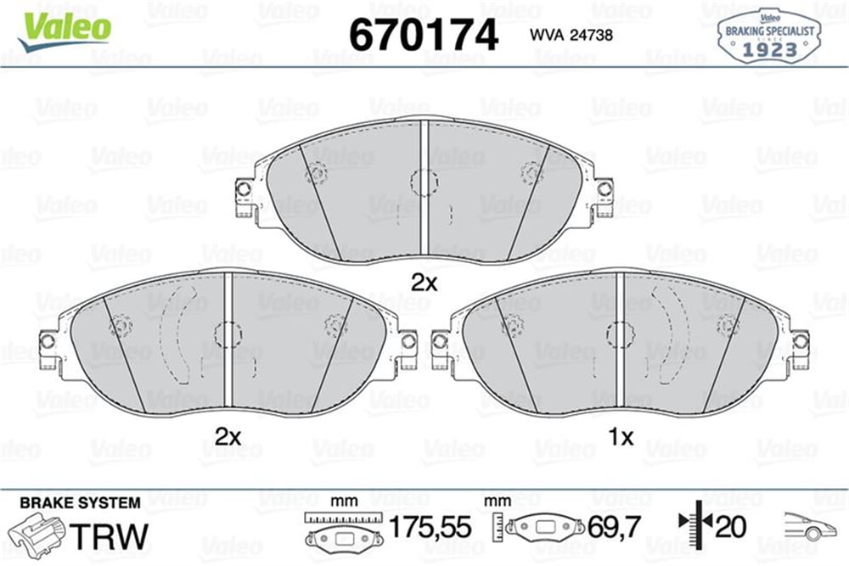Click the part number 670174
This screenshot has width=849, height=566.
click(x=424, y=35)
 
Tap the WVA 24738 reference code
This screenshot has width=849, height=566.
click(x=571, y=35)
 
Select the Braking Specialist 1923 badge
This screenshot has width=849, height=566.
click(x=769, y=36)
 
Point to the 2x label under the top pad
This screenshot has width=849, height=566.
click(x=424, y=283)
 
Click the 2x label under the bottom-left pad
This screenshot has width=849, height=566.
click(x=228, y=436)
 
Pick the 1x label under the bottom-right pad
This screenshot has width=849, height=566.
click(x=621, y=436)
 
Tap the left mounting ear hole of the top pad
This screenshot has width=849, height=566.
click(x=244, y=189)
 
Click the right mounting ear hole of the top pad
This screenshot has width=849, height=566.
click(x=604, y=189)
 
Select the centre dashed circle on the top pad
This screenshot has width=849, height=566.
click(x=424, y=182)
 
